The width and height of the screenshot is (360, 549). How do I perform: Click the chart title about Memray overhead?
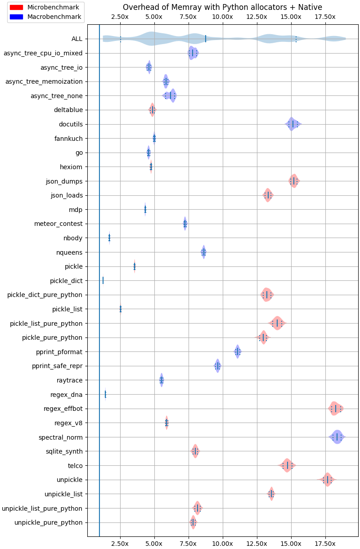[222, 7]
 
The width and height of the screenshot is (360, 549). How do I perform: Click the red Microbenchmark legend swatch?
[16, 7]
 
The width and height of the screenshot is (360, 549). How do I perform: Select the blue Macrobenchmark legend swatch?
[16, 17]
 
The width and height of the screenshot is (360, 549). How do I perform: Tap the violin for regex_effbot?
[335, 409]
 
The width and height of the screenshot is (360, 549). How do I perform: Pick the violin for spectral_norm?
[337, 437]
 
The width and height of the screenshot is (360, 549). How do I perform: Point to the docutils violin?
[292, 124]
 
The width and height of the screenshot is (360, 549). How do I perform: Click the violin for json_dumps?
[294, 181]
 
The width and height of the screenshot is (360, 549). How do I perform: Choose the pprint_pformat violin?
[238, 351]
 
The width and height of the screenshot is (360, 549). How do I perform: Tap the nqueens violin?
[203, 252]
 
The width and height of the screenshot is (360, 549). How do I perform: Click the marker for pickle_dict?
[103, 280]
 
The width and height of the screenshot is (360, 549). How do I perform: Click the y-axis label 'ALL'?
[77, 39]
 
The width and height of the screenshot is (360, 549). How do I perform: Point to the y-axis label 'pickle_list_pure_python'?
[46, 324]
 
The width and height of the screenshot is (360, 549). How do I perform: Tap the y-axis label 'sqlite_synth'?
[64, 451]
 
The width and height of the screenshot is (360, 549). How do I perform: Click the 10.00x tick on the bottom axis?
[222, 543]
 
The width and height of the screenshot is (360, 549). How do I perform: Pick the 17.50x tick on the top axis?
[325, 17]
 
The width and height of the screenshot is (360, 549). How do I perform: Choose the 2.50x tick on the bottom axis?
[120, 543]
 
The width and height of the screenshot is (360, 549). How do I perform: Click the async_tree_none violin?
[170, 96]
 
